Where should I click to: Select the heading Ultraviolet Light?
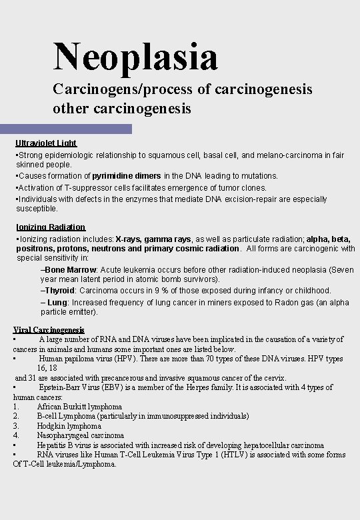click(46, 143)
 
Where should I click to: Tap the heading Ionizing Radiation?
click(50, 227)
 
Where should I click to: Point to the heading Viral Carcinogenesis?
click(49, 330)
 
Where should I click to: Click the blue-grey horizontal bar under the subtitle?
click(66, 129)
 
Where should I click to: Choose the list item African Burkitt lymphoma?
click(79, 407)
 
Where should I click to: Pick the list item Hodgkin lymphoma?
click(69, 426)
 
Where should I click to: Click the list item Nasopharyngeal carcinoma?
click(80, 435)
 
